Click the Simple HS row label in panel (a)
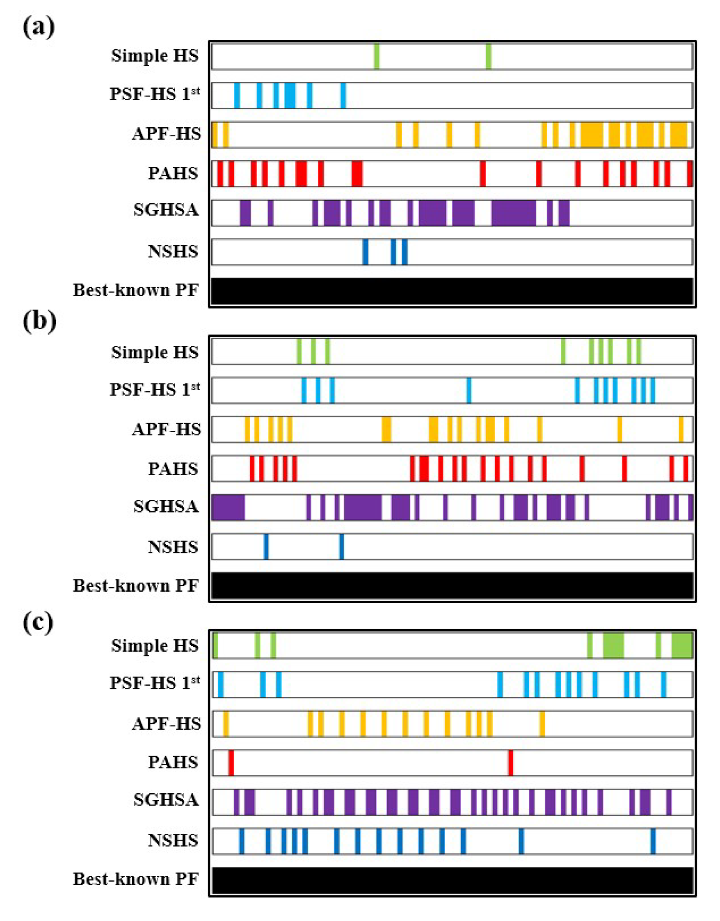[x=155, y=56]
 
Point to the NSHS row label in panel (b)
[x=173, y=547]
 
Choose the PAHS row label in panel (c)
[x=173, y=763]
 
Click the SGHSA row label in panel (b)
[x=166, y=506]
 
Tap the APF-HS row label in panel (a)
[x=167, y=134]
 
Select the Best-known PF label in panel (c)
[x=135, y=879]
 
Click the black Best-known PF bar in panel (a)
[x=452, y=291]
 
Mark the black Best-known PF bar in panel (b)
[x=452, y=586]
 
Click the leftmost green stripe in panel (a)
[x=377, y=56]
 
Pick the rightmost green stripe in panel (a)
[x=488, y=56]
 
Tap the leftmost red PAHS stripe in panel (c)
[x=231, y=763]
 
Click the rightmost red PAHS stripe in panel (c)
[x=510, y=763]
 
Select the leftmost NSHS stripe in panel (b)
[x=266, y=547]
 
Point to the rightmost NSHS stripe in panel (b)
[x=341, y=547]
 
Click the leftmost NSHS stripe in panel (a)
[x=366, y=252]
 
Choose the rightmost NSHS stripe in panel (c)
[x=653, y=841]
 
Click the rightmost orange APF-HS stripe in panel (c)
[x=542, y=724]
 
